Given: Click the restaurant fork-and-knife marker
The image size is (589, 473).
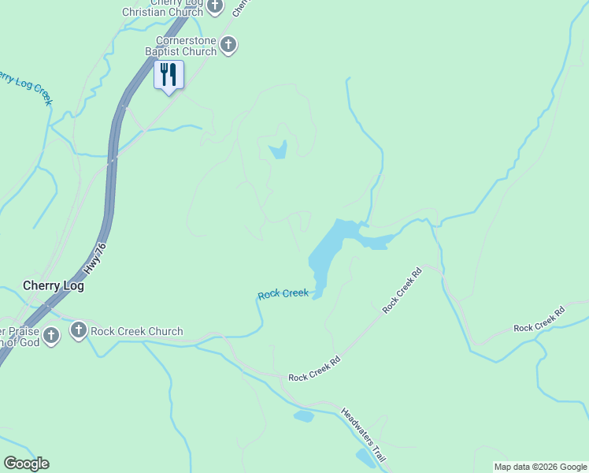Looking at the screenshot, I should click(169, 75).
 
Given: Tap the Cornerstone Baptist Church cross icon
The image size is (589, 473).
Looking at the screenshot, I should click(228, 45).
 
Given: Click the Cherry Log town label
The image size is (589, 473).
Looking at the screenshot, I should click(54, 286).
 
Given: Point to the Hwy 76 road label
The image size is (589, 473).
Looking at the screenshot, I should click(95, 259).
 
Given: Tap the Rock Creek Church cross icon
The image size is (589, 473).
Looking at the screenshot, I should click(78, 331).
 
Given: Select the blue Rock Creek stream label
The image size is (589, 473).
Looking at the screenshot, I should click(283, 294).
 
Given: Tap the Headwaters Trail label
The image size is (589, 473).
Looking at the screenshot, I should click(364, 435).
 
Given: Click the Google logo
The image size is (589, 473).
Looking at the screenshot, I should click(26, 464).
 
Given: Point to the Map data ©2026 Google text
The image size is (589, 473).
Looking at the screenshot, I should click(540, 467).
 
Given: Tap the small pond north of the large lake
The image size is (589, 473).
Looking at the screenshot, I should click(278, 149).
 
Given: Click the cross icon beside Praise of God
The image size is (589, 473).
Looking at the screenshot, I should click(51, 336).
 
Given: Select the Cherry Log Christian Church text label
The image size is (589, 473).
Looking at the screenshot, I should click(161, 8).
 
